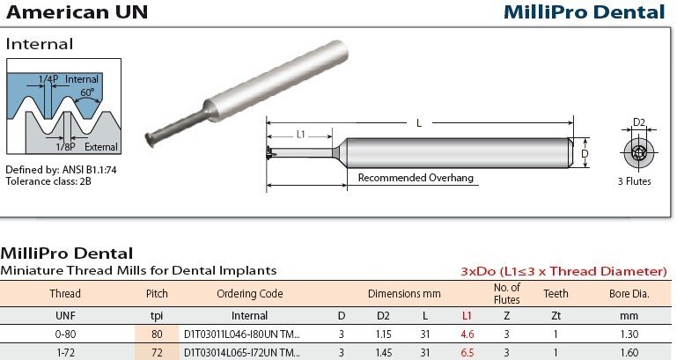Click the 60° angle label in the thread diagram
tap(87, 92)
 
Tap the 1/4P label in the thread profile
tap(48, 79)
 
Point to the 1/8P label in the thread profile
tap(65, 147)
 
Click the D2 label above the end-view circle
tap(638, 122)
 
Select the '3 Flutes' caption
tap(634, 181)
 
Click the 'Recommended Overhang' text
tap(416, 178)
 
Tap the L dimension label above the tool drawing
tap(419, 123)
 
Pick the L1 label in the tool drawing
tap(301, 135)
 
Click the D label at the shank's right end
tap(585, 154)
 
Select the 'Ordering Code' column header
tap(249, 293)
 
